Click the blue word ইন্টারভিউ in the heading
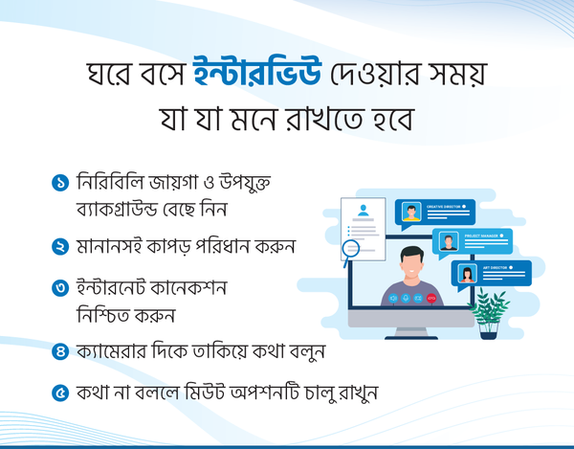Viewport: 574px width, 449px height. point(257,72)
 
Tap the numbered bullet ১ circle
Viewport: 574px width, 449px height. point(60,183)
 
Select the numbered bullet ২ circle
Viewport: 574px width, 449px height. point(60,246)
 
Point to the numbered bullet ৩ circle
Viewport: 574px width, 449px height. point(60,288)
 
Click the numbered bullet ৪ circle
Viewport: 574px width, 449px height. point(60,351)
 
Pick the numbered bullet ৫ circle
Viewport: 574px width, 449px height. point(60,393)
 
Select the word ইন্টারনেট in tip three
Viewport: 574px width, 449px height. point(111,287)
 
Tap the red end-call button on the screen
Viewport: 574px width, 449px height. point(431,299)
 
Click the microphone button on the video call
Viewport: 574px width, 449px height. point(406,299)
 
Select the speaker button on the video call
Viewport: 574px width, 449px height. point(393,299)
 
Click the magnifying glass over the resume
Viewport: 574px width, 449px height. point(350,251)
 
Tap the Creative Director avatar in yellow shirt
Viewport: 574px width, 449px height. point(411,212)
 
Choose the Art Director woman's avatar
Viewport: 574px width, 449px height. point(468,273)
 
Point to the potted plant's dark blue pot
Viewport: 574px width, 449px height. point(488,331)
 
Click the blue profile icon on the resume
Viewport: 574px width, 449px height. point(364,211)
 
